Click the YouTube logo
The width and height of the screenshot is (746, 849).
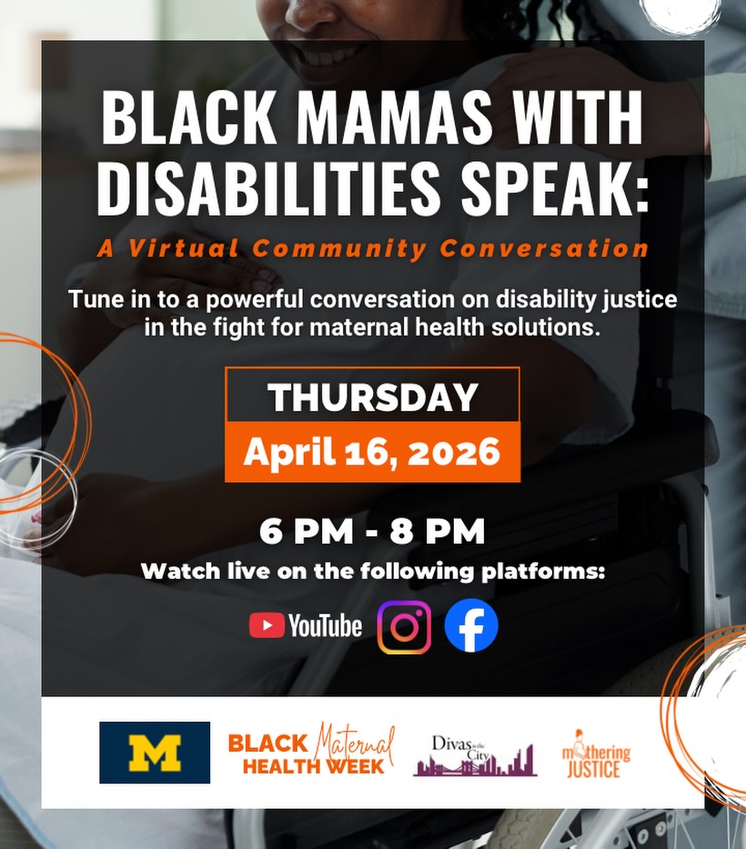(x=306, y=625)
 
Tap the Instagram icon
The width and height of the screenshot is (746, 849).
(x=404, y=625)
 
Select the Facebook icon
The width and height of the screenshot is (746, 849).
(x=471, y=625)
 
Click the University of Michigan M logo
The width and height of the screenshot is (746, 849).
(x=155, y=753)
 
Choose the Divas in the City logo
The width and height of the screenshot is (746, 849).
(x=474, y=754)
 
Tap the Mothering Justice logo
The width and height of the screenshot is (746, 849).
(x=596, y=754)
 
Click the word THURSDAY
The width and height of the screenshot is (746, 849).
(x=372, y=397)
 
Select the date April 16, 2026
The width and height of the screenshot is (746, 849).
(x=372, y=452)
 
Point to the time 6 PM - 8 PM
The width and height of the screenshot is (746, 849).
(x=372, y=532)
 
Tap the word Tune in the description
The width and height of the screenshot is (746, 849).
(x=94, y=300)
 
